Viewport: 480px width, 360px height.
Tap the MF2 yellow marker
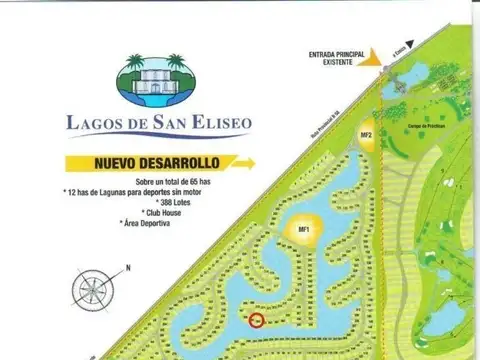pyautogui.click(x=367, y=137)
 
